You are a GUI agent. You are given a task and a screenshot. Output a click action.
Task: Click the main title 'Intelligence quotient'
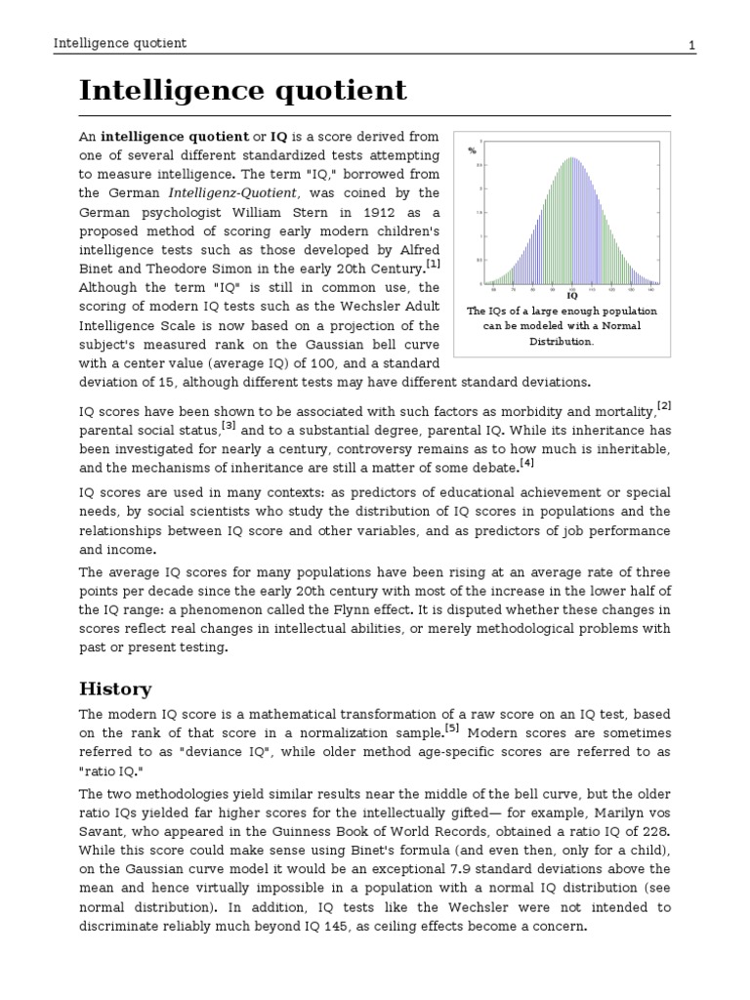pos(242,91)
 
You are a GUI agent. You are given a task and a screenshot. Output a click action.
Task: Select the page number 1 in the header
pos(691,45)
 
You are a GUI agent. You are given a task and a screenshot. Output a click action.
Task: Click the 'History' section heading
pos(115,689)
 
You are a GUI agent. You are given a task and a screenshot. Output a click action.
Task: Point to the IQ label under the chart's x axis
pos(572,294)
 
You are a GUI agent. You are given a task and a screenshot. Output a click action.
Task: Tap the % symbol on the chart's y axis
pos(472,150)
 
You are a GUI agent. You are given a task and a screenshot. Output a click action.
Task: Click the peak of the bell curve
pos(572,158)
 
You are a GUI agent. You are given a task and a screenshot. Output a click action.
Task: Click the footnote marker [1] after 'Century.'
pos(433,264)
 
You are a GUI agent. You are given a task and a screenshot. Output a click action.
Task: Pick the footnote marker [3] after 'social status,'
pos(229,425)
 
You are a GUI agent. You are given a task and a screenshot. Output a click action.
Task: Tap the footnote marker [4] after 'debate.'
pos(527,463)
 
